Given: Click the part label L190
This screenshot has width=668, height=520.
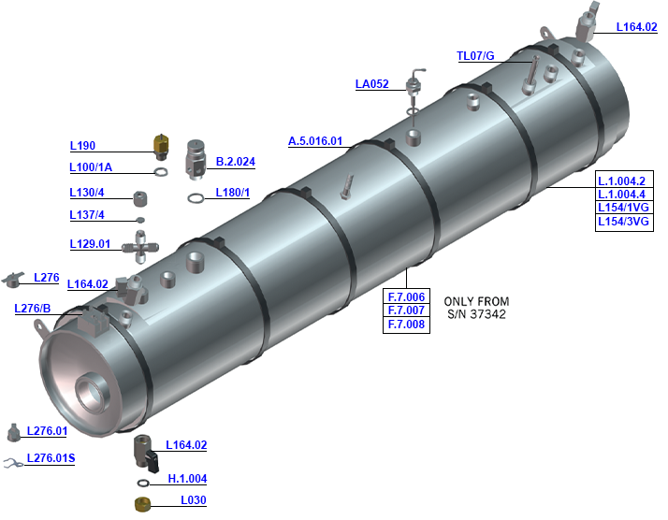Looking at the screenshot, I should [x=83, y=146].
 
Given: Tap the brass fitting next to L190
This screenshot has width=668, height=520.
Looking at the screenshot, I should [x=161, y=145].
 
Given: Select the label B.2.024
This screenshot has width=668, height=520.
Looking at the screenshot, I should [x=235, y=162].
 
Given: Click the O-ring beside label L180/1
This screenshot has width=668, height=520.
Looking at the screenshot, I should [x=196, y=197].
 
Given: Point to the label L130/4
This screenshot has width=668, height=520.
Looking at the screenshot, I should [x=87, y=193].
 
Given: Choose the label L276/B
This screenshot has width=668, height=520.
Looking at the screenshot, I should [x=34, y=309].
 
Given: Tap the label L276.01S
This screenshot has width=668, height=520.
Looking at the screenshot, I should [x=51, y=458].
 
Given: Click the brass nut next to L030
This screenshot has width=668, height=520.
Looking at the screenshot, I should [x=144, y=503].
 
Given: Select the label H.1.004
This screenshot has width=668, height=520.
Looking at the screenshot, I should [x=187, y=479].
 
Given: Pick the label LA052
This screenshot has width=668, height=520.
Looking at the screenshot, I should [x=371, y=84].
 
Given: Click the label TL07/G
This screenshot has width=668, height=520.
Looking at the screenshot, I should [x=474, y=56].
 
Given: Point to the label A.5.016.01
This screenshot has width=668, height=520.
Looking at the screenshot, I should [x=315, y=141].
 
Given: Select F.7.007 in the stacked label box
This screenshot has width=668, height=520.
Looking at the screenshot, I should [x=406, y=311].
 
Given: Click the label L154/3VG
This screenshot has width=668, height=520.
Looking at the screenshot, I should [x=624, y=222].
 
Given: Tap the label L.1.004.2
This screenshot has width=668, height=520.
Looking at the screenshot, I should [x=624, y=181].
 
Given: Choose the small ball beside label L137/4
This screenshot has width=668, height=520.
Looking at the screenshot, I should [x=141, y=219].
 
